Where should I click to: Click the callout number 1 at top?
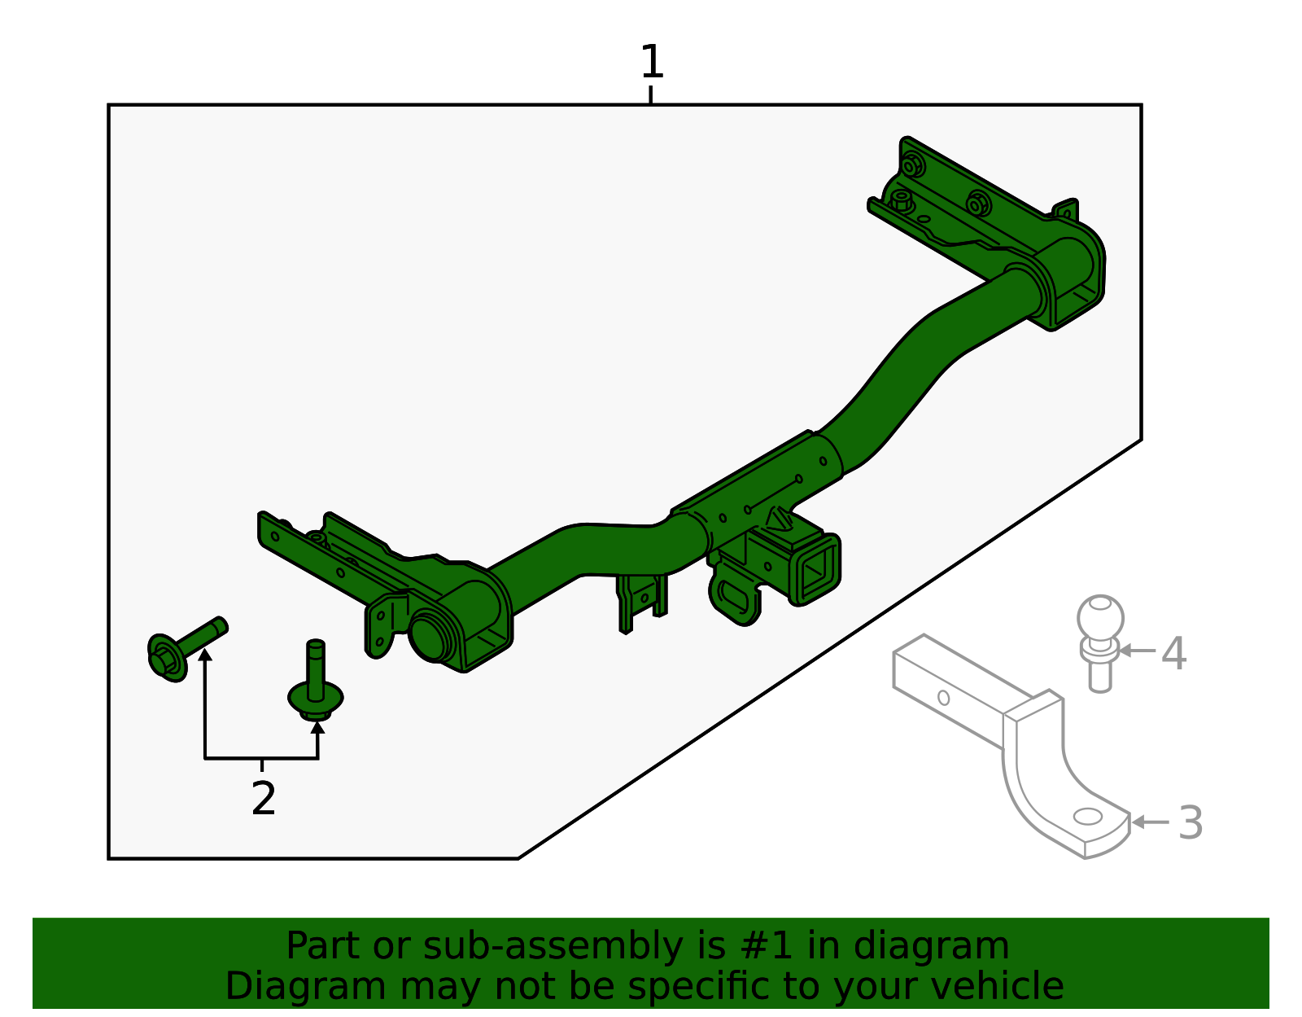[x=652, y=63]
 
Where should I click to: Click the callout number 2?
[x=264, y=799]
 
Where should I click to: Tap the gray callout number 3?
[x=1191, y=822]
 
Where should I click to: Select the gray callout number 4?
[x=1173, y=653]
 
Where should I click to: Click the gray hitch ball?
[x=1100, y=619]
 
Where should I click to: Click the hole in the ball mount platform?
[x=1088, y=816]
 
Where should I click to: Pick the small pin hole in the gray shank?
[x=943, y=698]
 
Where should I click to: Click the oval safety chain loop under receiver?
[x=736, y=597]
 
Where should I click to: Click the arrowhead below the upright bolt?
[x=317, y=725]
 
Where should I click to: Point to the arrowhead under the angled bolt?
[x=205, y=654]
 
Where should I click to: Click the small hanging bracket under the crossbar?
[x=640, y=600]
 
